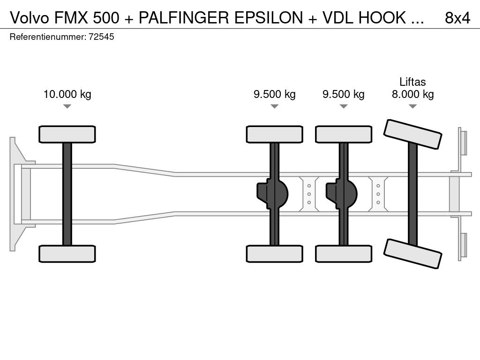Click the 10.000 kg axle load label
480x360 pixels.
[67, 94]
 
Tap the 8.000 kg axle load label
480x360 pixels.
[412, 94]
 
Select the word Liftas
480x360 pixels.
[412, 82]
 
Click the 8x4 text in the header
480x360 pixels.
[457, 18]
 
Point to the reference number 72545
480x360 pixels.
[101, 37]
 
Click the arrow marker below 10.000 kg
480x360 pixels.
[67, 106]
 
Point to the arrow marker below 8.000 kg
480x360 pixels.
[412, 106]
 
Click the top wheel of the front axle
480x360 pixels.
[67, 134]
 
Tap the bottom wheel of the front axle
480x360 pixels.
[67, 254]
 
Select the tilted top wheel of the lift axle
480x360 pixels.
[412, 135]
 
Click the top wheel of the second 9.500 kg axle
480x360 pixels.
[344, 134]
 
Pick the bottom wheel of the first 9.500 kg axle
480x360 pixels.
[274, 254]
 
